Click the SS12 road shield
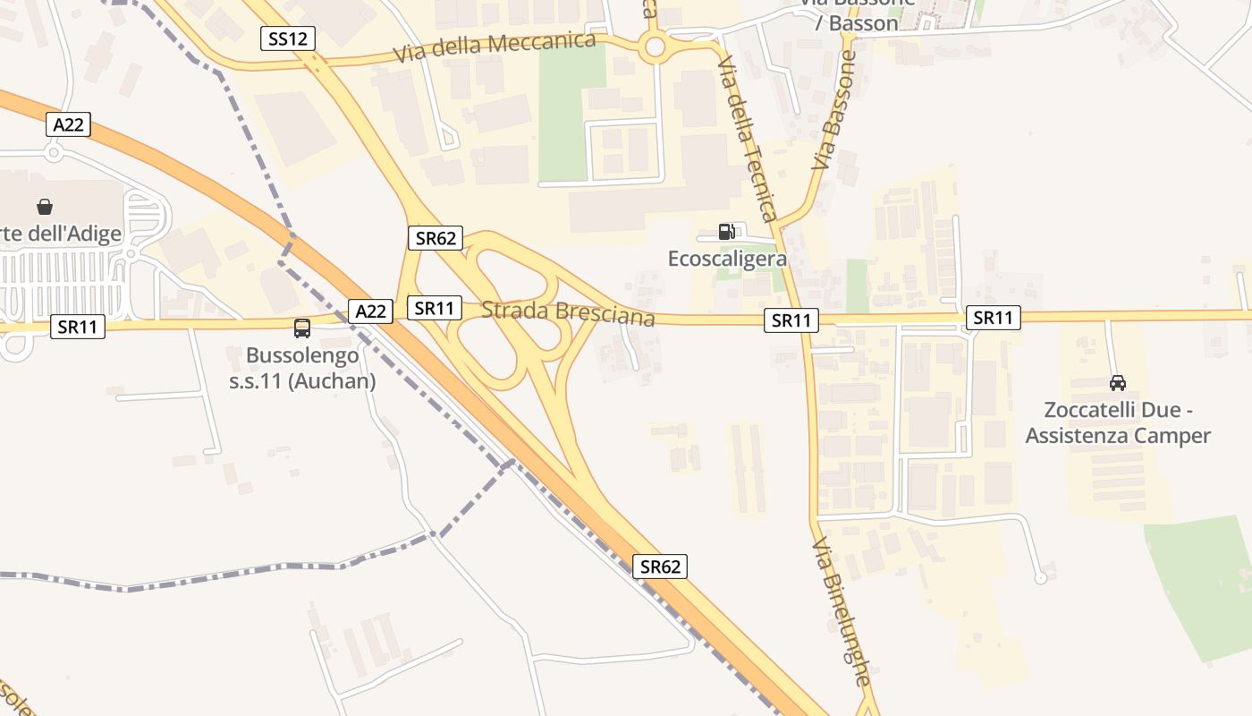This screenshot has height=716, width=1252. click(288, 38)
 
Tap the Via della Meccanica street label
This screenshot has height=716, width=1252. click(495, 47)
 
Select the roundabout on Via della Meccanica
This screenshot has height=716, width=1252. click(656, 47)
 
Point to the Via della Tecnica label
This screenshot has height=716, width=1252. click(747, 139)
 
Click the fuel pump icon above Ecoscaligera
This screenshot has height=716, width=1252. click(727, 232)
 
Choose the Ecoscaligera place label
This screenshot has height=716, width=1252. click(727, 259)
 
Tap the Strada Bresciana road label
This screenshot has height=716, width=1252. click(568, 312)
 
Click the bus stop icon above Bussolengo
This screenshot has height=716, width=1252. click(302, 328)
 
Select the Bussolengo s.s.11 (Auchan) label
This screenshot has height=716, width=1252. click(310, 368)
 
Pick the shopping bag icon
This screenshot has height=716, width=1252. click(45, 207)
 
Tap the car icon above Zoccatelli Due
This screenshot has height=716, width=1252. click(1117, 383)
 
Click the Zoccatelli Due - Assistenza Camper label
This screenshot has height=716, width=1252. click(1118, 423)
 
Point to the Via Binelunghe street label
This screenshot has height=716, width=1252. click(842, 612)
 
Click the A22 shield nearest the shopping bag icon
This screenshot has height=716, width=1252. click(68, 125)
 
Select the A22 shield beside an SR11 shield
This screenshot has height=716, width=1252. click(370, 311)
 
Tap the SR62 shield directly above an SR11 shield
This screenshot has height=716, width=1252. click(436, 238)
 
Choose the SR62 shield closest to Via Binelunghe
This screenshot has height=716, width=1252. click(661, 567)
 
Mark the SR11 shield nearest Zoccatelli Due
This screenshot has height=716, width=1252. click(993, 318)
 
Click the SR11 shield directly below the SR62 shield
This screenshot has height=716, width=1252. click(435, 309)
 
